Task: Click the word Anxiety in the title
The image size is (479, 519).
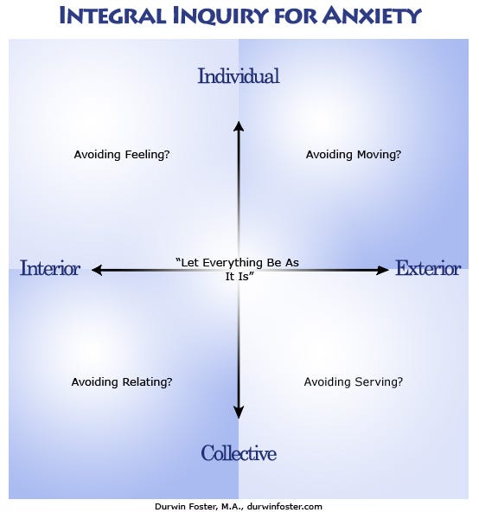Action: pyautogui.click(x=372, y=16)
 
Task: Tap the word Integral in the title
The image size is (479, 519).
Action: pyautogui.click(x=112, y=16)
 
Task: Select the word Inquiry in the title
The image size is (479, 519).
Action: pyautogui.click(x=220, y=16)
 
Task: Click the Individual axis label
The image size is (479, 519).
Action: pyautogui.click(x=239, y=76)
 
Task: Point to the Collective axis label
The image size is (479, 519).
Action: pyautogui.click(x=239, y=453)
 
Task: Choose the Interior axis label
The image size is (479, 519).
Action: pyautogui.click(x=50, y=268)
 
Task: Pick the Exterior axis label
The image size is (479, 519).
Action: pyautogui.click(x=428, y=268)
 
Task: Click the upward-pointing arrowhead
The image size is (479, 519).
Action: pyautogui.click(x=239, y=126)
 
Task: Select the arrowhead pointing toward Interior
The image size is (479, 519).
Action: pyautogui.click(x=96, y=270)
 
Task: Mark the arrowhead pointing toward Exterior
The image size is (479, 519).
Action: pyautogui.click(x=383, y=270)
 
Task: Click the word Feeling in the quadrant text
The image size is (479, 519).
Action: pyautogui.click(x=147, y=155)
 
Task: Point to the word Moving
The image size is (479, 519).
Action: pyautogui.click(x=379, y=155)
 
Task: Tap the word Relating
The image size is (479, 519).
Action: pyautogui.click(x=147, y=382)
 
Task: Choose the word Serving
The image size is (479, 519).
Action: pyautogui.click(x=379, y=382)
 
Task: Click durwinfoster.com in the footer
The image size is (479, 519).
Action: pyautogui.click(x=284, y=506)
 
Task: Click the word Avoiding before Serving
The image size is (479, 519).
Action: pyautogui.click(x=328, y=382)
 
